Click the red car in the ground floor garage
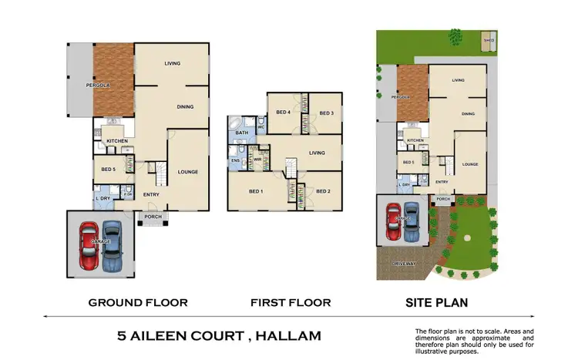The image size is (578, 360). [89, 244]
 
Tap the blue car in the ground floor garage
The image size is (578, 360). [113, 244]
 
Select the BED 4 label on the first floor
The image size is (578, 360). [284, 113]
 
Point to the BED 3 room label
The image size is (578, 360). [327, 113]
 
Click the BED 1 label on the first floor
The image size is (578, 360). [257, 191]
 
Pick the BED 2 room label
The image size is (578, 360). [323, 191]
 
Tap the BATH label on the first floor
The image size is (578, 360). [241, 133]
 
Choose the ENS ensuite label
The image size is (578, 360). [235, 160]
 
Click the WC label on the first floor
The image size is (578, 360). [261, 127]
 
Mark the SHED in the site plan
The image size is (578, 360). [487, 39]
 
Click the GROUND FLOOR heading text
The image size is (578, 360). [138, 302]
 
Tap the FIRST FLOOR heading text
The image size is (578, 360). [291, 302]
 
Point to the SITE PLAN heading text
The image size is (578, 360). [436, 302]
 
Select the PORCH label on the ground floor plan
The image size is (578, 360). [151, 216]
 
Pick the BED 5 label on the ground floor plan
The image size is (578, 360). [107, 168]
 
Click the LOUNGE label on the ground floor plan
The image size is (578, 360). [188, 171]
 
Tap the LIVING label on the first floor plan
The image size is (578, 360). [317, 153]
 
